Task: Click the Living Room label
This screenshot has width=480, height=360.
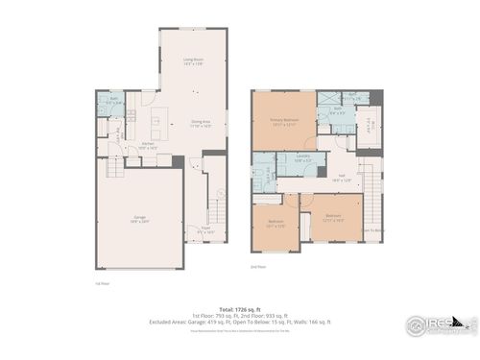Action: tap(193, 61)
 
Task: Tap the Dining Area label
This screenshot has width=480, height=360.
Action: tap(201, 123)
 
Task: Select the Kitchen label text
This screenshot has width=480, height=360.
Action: tap(149, 147)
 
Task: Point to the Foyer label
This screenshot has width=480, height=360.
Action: tap(204, 230)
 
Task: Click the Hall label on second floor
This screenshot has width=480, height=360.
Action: tap(341, 178)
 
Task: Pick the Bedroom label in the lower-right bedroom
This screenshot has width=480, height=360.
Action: tap(331, 218)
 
